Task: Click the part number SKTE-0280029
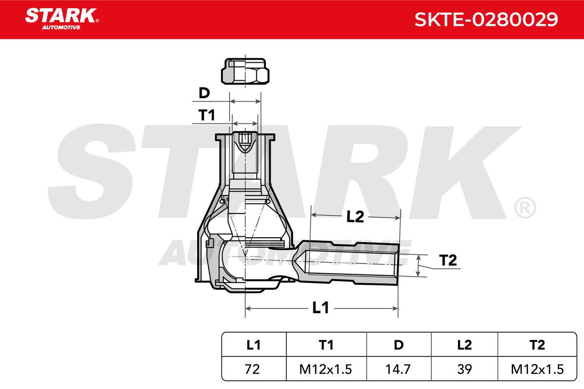[x=486, y=19]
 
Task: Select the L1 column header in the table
[x=253, y=345]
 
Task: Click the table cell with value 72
[x=252, y=369]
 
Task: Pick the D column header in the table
[x=399, y=345]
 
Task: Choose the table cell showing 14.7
[x=398, y=369]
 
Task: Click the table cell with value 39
[x=464, y=369]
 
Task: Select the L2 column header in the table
[x=465, y=345]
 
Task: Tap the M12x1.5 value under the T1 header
[x=326, y=369]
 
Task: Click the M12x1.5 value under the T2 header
[x=537, y=369]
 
